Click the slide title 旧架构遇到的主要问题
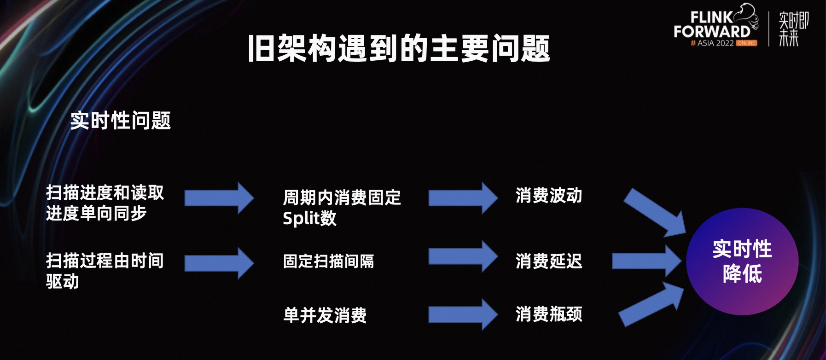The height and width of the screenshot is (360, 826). [399, 48]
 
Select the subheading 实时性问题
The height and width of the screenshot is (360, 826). [121, 121]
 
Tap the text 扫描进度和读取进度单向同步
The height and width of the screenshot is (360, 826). [105, 203]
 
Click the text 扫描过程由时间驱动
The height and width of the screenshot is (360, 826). [105, 271]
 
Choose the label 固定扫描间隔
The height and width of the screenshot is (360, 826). [328, 261]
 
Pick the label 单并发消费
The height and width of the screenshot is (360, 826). [325, 315]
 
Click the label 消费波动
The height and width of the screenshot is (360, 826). [549, 196]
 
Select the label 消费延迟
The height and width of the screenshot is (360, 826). [549, 261]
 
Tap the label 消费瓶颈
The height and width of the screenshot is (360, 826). [549, 314]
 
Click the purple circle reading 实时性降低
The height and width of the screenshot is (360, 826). [742, 261]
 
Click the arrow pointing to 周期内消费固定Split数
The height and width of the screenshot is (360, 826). [219, 198]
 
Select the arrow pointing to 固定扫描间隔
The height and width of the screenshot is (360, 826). [219, 263]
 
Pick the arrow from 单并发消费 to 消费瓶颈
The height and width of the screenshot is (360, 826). [463, 314]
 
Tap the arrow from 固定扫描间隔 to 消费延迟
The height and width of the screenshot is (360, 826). [463, 256]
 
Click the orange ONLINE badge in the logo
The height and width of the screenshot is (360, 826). [746, 43]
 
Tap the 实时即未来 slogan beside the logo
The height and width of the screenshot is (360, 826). [793, 29]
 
